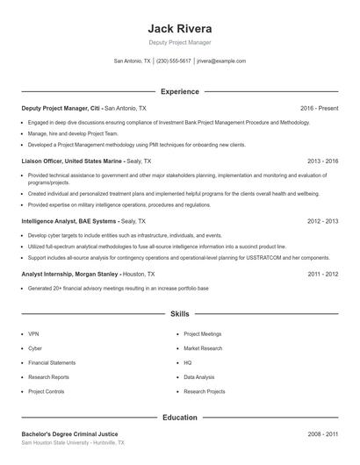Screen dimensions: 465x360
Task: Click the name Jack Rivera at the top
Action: pyautogui.click(x=180, y=26)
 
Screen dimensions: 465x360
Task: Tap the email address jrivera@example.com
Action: pyautogui.click(x=221, y=61)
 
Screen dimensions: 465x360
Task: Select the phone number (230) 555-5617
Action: pyautogui.click(x=173, y=61)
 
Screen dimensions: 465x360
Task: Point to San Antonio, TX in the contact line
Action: pyautogui.click(x=133, y=61)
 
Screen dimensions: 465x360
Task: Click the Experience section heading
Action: pyautogui.click(x=180, y=91)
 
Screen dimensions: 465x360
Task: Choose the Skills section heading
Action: pyautogui.click(x=180, y=313)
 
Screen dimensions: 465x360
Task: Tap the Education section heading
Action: pyautogui.click(x=180, y=418)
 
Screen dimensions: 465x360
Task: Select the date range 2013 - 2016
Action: pyautogui.click(x=320, y=161)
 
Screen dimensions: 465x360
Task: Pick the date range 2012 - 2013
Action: pyautogui.click(x=320, y=221)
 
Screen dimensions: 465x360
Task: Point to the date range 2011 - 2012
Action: pyautogui.click(x=320, y=274)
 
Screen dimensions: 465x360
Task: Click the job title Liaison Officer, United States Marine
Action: pyautogui.click(x=72, y=161)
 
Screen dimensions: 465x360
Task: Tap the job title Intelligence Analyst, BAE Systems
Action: pyautogui.click(x=68, y=221)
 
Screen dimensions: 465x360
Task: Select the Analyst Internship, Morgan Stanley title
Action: pyautogui.click(x=70, y=274)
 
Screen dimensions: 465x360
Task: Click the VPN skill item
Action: pyautogui.click(x=33, y=334)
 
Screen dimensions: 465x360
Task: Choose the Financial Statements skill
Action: pyautogui.click(x=52, y=362)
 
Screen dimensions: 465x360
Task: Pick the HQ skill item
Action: pyautogui.click(x=188, y=362)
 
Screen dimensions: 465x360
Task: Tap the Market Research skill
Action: pyautogui.click(x=203, y=348)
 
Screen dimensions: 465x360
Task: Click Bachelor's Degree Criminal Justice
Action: pyautogui.click(x=69, y=434)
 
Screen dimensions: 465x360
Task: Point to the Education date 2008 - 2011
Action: pyautogui.click(x=320, y=434)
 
